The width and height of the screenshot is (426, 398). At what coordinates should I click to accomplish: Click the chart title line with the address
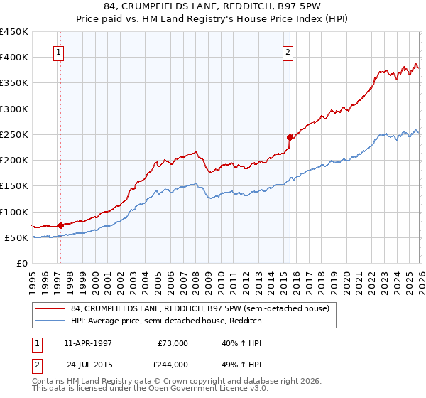213,6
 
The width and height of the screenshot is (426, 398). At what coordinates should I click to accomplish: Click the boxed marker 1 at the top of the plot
58,51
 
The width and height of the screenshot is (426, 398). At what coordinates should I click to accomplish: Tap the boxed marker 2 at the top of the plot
288,51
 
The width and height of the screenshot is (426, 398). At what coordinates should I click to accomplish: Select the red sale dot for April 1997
60,225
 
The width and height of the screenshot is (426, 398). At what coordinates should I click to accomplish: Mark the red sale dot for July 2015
290,137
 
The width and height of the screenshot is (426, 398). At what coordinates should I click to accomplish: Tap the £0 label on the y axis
21,263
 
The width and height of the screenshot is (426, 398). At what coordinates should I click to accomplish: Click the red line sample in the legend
51,309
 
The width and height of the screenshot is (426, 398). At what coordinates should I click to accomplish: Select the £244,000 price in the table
173,364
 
